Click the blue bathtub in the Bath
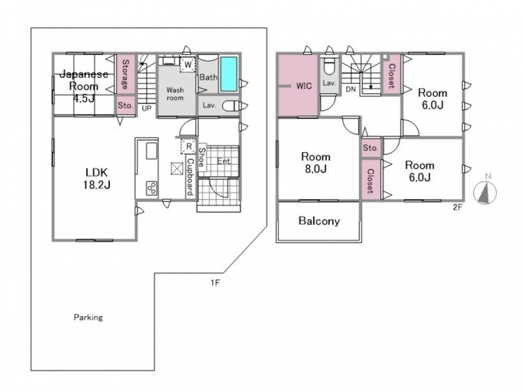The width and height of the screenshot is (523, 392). (x=229, y=74)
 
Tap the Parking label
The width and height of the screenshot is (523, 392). (x=88, y=318)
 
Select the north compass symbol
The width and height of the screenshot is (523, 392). (x=486, y=191)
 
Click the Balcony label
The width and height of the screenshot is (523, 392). (x=319, y=221)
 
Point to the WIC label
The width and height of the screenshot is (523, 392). (x=304, y=86)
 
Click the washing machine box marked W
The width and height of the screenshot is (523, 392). (x=188, y=64)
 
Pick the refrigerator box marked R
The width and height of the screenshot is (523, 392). (x=188, y=146)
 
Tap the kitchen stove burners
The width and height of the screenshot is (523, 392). (x=152, y=188)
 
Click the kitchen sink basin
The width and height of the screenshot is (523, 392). (x=152, y=152)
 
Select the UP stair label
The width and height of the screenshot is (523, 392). (x=146, y=108)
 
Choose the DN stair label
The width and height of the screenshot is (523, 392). (x=350, y=90)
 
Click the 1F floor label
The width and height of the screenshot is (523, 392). (x=215, y=283)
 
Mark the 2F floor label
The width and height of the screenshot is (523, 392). (x=458, y=207)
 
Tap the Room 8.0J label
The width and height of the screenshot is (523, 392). (x=316, y=163)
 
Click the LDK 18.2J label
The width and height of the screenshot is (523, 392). (x=96, y=178)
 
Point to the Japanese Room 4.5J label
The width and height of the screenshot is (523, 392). (x=84, y=86)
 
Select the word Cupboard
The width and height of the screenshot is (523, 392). (x=190, y=176)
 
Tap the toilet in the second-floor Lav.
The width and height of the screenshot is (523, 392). (x=329, y=67)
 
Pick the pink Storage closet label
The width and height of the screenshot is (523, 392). (x=126, y=74)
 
